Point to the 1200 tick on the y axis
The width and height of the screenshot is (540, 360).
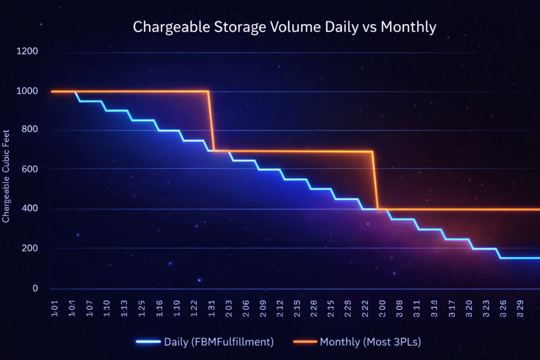pos(27,52)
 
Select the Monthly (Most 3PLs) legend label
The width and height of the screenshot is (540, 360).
pos(370,342)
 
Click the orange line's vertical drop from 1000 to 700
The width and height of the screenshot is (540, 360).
pos(211,121)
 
